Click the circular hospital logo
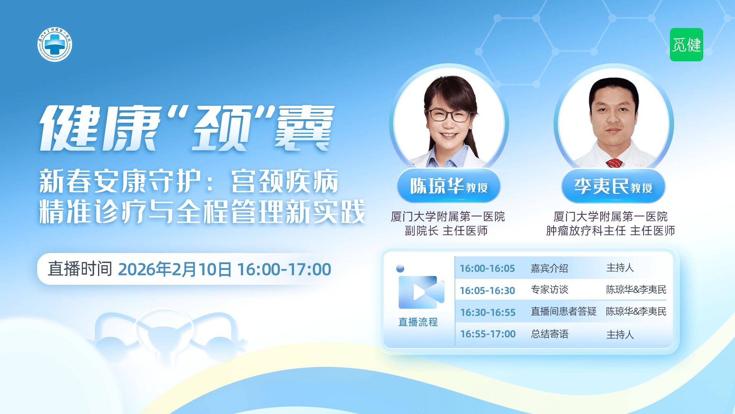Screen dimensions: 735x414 (x=55, y=44)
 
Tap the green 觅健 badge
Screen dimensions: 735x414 (x=686, y=44)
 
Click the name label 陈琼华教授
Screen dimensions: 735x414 (x=449, y=186)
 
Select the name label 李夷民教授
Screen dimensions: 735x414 (x=613, y=186)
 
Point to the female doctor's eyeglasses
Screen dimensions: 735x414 (x=449, y=114)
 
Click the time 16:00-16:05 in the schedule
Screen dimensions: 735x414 (x=487, y=268)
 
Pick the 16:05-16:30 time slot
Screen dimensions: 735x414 (x=487, y=291)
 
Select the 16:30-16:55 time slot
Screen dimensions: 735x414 (x=488, y=312)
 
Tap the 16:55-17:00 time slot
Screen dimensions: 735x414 (x=488, y=334)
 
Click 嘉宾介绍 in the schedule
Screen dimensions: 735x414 (x=549, y=268)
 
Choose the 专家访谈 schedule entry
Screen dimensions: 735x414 (x=549, y=290)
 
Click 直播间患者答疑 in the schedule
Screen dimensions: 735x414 (x=563, y=311)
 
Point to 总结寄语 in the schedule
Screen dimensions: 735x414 (x=549, y=334)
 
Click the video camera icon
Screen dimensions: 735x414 (x=421, y=292)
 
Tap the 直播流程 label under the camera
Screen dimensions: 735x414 (x=418, y=322)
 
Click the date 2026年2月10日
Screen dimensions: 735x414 (x=175, y=269)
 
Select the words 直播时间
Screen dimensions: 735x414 (x=80, y=269)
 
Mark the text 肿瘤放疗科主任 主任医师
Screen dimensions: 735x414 (x=610, y=231)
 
